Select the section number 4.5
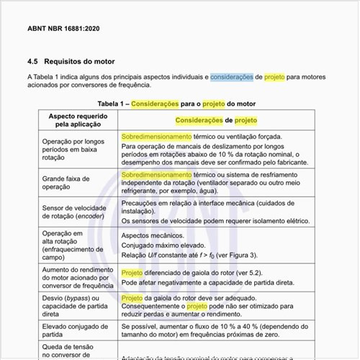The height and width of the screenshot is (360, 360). (x=32, y=62)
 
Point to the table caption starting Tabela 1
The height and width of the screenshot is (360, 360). (x=176, y=104)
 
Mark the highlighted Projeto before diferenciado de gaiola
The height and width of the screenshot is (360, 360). (x=132, y=273)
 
